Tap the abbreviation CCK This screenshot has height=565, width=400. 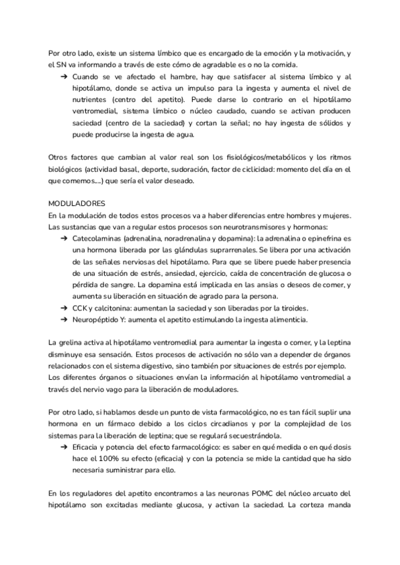(79, 308)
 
